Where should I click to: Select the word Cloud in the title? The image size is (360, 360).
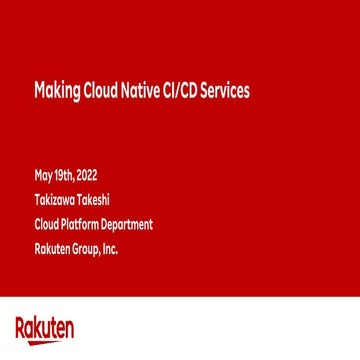[95, 93]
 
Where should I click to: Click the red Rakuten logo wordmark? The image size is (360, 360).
[44, 328]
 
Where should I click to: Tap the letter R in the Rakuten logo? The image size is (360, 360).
[21, 327]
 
